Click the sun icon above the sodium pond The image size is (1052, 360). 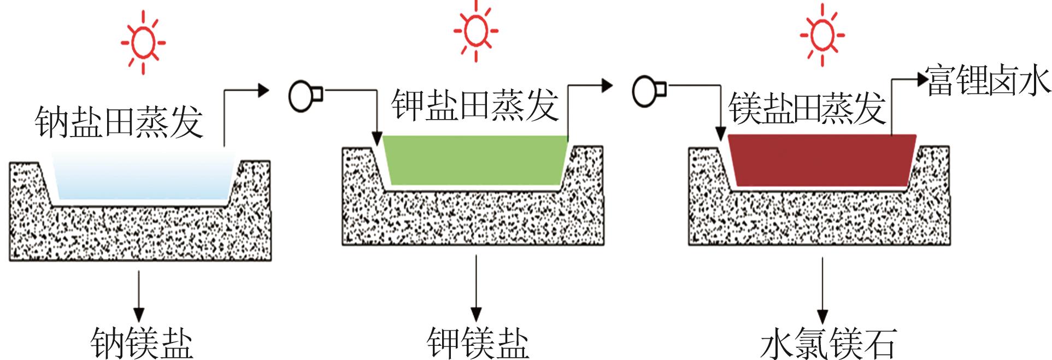pyautogui.click(x=143, y=42)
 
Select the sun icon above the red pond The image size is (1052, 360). pyautogui.click(x=821, y=34)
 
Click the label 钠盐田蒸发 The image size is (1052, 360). pyautogui.click(x=119, y=121)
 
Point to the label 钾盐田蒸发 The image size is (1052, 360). pyautogui.click(x=474, y=104)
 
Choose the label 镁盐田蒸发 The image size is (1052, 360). pyautogui.click(x=807, y=108)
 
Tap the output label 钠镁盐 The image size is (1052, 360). pyautogui.click(x=142, y=343)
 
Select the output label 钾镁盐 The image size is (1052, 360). pyautogui.click(x=477, y=343)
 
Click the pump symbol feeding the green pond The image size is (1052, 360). pyautogui.click(x=305, y=96)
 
